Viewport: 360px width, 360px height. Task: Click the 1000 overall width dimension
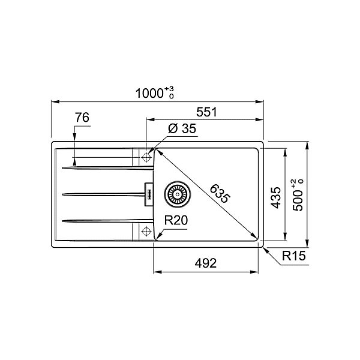pyautogui.click(x=149, y=94)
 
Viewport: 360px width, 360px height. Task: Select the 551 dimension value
pyautogui.click(x=206, y=112)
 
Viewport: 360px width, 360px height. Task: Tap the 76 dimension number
pyautogui.click(x=82, y=118)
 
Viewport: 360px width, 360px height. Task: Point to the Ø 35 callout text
pyautogui.click(x=182, y=128)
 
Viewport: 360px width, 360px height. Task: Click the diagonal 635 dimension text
pyautogui.click(x=220, y=194)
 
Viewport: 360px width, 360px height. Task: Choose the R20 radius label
pyautogui.click(x=176, y=220)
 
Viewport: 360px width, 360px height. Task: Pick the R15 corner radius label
pyautogui.click(x=294, y=256)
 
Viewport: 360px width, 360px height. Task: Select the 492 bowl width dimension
pyautogui.click(x=206, y=263)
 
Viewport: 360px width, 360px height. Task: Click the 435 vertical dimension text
pyautogui.click(x=275, y=197)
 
